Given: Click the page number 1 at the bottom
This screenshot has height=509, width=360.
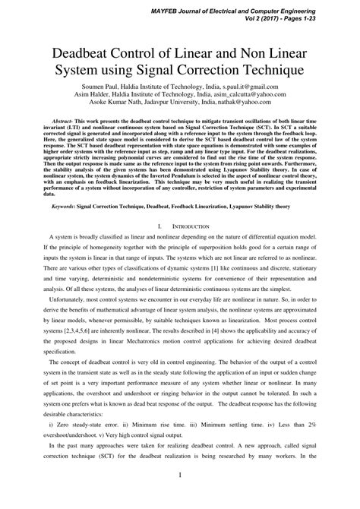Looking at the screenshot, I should (179, 497).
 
